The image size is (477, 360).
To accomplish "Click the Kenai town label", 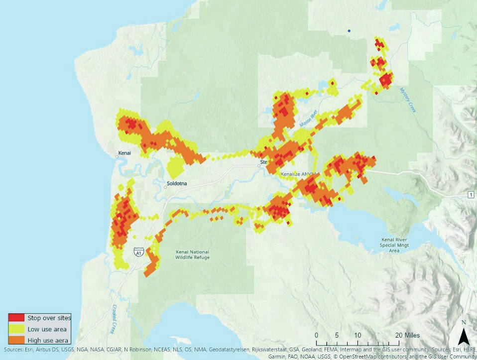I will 124,153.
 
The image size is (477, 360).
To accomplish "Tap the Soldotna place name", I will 178,183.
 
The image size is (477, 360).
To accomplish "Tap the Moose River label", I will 309,119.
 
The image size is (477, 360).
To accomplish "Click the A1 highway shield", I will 138,252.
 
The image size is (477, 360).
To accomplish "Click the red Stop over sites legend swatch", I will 16,317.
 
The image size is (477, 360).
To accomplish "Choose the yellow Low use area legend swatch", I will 16,329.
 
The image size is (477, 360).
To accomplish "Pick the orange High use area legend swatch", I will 16,340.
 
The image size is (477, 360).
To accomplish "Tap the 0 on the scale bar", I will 317,335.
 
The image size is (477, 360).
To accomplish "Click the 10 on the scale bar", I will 358,335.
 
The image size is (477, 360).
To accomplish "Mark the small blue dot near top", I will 350,31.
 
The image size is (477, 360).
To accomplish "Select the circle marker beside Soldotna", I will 165,188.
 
